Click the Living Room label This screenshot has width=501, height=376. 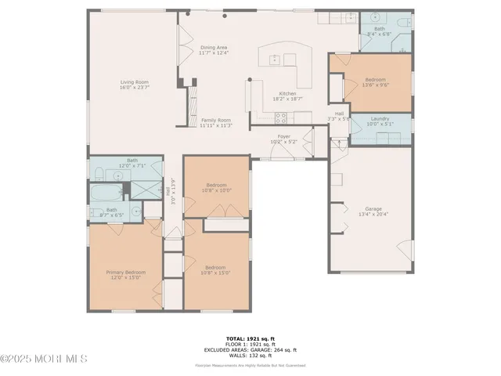coord(134,81)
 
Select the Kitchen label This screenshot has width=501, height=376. coord(287,94)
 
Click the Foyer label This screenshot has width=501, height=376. coord(283,137)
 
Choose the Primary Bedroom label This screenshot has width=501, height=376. coord(125,272)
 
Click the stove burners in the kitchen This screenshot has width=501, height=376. coord(281,118)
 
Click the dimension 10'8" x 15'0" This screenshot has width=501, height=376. coord(214,272)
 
